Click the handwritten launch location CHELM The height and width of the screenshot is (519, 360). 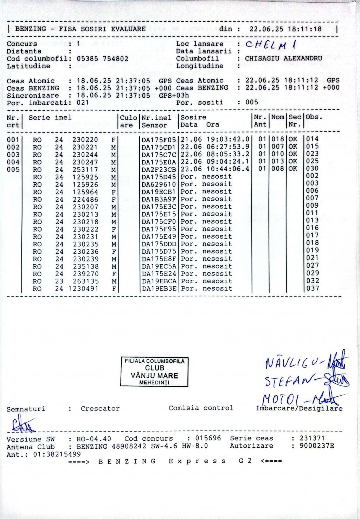[271, 45]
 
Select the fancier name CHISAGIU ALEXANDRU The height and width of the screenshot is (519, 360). [283, 58]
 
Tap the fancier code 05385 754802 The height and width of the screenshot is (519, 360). [102, 59]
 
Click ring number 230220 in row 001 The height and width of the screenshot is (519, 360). [85, 140]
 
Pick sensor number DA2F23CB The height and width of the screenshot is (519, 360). [159, 169]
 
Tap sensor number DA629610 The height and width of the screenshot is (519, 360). [159, 184]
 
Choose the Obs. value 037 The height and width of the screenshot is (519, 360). [313, 288]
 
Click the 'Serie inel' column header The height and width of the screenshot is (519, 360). [50, 118]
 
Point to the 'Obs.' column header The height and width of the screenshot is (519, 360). [314, 117]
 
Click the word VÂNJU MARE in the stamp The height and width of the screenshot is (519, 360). [154, 375]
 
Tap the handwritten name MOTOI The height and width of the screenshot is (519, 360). [280, 398]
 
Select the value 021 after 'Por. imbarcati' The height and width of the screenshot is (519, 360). [83, 103]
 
